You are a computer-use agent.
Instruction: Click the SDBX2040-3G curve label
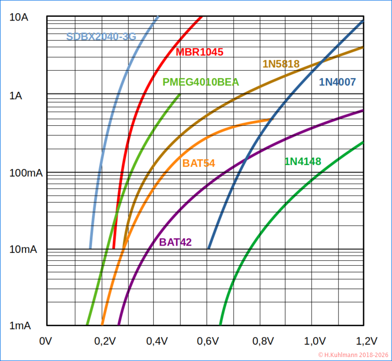tap(101, 36)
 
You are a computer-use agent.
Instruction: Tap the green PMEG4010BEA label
tap(201, 82)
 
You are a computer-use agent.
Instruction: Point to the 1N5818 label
tap(281, 64)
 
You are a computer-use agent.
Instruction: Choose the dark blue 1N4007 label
tap(338, 82)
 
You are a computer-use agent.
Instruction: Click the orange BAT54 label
tap(198, 164)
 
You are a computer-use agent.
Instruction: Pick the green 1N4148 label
tap(302, 161)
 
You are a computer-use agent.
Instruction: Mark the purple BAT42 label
tap(175, 242)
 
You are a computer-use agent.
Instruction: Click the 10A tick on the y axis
tap(19, 18)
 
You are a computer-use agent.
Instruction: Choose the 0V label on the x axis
tap(45, 341)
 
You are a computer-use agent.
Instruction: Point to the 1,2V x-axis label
tap(367, 341)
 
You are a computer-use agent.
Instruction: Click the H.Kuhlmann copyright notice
tap(353, 355)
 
